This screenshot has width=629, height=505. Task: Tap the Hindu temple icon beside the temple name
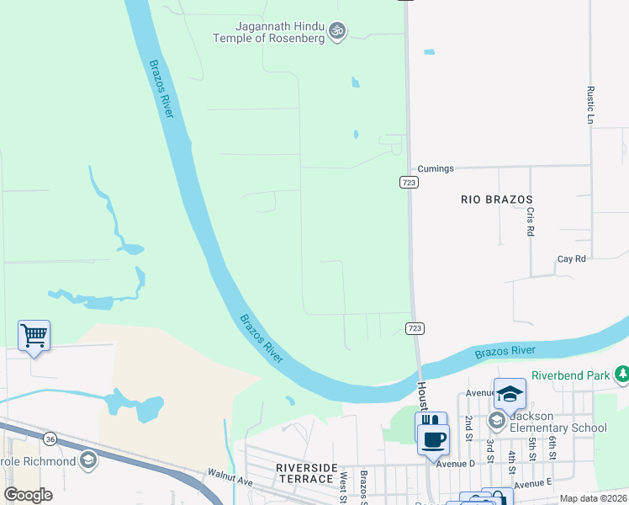click(337, 31)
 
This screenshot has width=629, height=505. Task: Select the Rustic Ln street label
click(591, 105)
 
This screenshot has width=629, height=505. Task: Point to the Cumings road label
click(435, 168)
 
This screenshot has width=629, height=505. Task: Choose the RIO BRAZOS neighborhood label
click(497, 199)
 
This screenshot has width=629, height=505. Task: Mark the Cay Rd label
click(571, 259)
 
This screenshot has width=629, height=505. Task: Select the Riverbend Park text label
click(571, 376)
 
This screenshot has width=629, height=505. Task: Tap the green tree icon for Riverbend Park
click(622, 373)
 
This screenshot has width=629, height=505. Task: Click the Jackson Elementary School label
click(558, 421)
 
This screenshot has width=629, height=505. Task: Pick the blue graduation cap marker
click(510, 393)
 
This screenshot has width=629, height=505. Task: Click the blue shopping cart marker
click(34, 336)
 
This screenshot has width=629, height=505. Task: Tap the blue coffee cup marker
click(434, 439)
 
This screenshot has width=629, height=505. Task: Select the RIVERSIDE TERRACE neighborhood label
click(305, 473)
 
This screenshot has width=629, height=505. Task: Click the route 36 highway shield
click(50, 439)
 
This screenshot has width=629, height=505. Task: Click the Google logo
click(28, 495)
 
